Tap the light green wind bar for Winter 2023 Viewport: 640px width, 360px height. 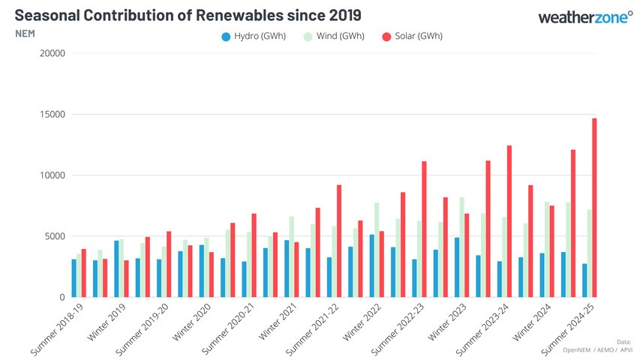coord(461,247)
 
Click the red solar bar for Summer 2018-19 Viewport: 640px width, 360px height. coord(84,274)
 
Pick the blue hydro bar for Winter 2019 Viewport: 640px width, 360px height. coord(116,269)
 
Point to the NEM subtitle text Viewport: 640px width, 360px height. coord(26,34)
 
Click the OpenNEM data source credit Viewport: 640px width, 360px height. coord(558,350)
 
